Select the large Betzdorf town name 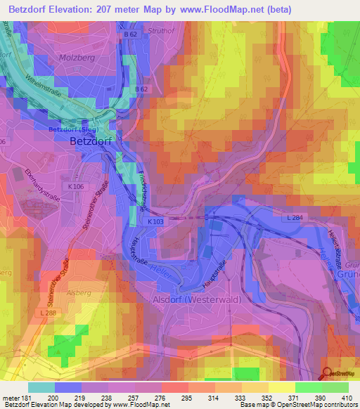coord(91,141)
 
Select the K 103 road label coord(155,221)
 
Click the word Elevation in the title coord(84,9)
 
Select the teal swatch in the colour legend coord(41,388)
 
